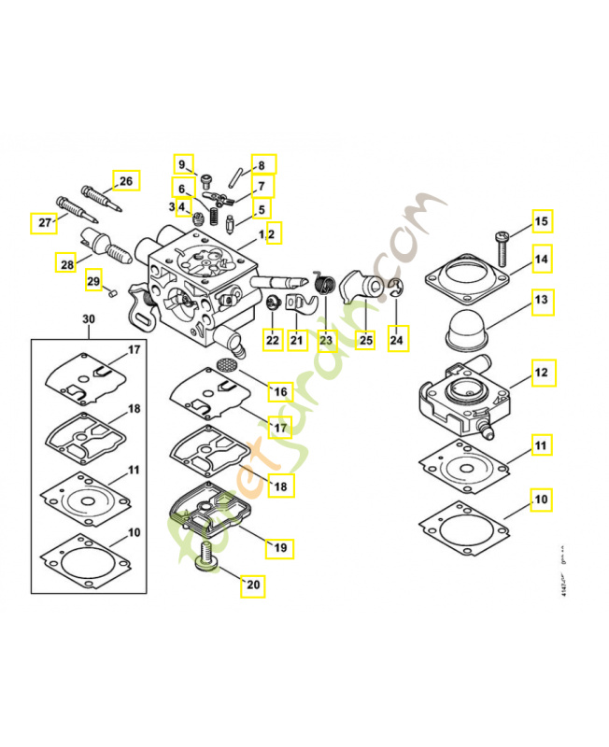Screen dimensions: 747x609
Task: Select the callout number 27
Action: [43, 222]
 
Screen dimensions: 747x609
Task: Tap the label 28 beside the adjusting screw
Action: [66, 264]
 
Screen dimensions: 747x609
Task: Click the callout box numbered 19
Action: [278, 547]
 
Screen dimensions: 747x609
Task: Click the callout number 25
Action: [365, 340]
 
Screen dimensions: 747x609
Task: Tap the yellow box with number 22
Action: [272, 340]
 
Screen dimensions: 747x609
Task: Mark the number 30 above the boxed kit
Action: [89, 319]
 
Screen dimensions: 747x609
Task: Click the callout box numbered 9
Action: [182, 165]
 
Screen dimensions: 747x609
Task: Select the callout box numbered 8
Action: [261, 165]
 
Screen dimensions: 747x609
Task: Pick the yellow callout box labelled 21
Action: [297, 340]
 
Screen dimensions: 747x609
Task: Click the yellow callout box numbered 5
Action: [261, 210]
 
